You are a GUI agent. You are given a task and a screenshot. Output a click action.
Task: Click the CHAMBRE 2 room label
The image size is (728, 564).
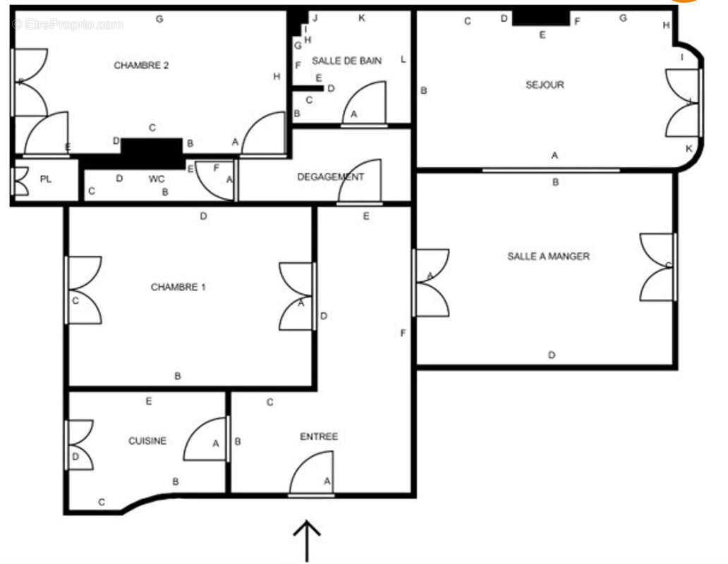click(141, 66)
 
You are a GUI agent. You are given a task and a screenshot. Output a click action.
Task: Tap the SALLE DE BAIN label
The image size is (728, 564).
click(346, 61)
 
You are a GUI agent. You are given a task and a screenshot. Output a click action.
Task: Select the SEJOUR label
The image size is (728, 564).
click(545, 85)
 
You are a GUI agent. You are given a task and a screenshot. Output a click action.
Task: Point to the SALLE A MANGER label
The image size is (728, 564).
click(548, 256)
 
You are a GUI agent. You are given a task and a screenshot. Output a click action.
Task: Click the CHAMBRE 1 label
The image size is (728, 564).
click(178, 287)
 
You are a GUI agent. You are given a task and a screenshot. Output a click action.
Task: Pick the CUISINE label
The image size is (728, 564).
click(147, 441)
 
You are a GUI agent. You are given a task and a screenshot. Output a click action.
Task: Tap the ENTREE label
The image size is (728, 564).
click(319, 436)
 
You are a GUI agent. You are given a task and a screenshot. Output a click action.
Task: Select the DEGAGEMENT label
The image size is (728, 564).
click(330, 177)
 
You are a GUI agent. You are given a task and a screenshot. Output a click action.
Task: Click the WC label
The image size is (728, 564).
click(157, 179)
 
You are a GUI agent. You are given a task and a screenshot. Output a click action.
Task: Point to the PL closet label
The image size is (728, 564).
click(46, 179)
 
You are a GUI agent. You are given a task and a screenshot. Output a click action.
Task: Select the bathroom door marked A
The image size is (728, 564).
click(365, 104)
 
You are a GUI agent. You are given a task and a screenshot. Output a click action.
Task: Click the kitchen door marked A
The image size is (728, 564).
click(207, 440)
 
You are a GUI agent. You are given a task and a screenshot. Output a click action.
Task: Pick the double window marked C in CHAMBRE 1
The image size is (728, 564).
click(83, 290)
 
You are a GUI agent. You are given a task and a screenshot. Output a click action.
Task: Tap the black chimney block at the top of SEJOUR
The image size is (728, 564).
click(540, 16)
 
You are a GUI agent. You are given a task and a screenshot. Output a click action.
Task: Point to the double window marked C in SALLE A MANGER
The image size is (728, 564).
click(658, 266)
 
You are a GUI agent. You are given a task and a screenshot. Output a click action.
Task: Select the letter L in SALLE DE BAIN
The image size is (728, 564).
click(403, 59)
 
